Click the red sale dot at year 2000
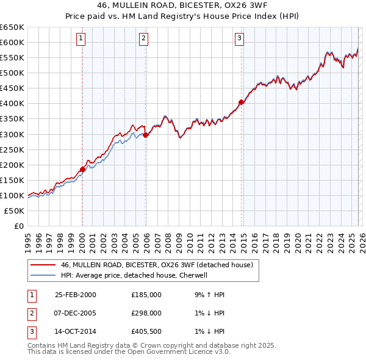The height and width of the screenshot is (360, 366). pos(82,169)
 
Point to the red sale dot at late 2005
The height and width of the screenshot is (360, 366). pos(145,135)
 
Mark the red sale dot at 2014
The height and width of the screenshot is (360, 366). pos(241,102)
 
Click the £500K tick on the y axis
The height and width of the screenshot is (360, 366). pos(12,73)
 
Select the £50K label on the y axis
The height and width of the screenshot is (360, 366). pos(15,211)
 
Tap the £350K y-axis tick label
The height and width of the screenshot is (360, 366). pos(12,118)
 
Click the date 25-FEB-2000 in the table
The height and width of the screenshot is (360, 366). pos(75,295)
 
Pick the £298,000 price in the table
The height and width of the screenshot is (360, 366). pos(146,313)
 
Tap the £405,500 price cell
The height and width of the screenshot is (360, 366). pos(146,331)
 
